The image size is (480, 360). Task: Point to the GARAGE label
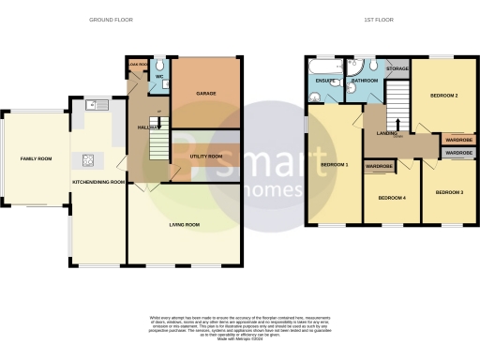[206, 94]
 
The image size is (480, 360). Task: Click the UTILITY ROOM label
[205, 156]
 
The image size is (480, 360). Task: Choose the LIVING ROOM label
[185, 224]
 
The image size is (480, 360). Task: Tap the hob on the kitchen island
[91, 158]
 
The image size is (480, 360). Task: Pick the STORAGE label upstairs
[397, 69]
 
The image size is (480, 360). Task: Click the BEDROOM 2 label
[443, 96]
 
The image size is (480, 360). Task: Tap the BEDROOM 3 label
[448, 192]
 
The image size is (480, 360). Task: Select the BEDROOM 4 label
[391, 198]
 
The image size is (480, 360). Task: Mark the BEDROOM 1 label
[334, 165]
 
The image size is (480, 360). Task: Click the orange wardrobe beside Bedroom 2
[458, 140]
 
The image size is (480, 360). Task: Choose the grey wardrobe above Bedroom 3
[458, 152]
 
